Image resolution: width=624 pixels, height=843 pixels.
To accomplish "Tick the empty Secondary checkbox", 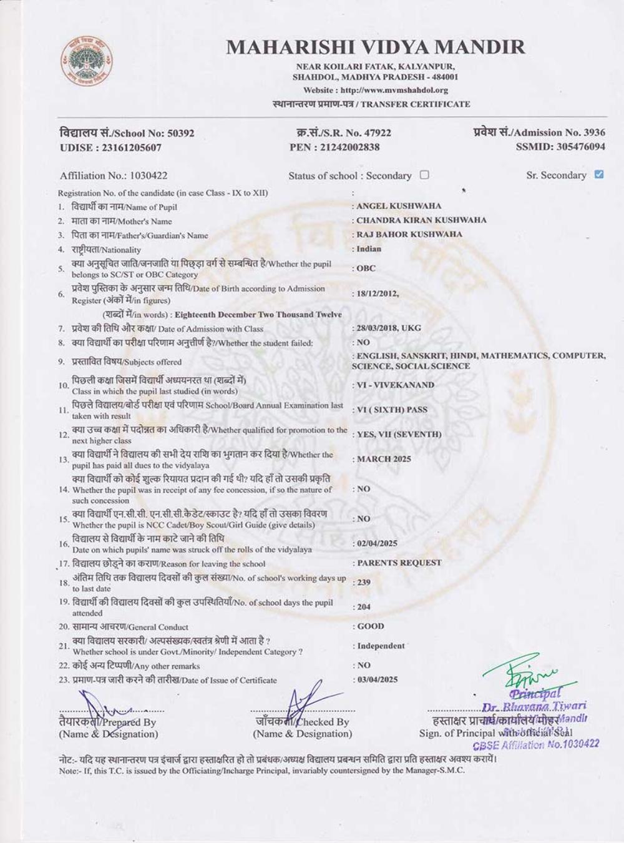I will coord(424,175).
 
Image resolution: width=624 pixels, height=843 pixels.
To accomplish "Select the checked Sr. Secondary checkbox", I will coord(599,174).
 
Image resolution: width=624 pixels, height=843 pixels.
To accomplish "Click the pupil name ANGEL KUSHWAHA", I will coord(399,206).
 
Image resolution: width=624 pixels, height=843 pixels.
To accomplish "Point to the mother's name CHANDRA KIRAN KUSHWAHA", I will coord(421,220).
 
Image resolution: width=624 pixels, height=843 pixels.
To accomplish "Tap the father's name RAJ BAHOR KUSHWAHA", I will coord(409,235).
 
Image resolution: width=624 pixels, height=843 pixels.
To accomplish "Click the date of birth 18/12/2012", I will coord(377,293).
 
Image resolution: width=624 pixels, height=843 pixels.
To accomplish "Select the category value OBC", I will coord(366,269).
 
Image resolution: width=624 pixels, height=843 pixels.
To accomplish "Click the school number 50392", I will coord(180,133).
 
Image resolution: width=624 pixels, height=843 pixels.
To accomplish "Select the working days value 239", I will coord(363,583).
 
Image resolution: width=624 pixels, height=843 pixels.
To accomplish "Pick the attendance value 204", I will coord(363,607).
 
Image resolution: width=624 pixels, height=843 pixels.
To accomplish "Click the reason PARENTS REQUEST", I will coord(399,563).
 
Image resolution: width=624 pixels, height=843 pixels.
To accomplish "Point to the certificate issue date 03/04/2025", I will coord(377,679).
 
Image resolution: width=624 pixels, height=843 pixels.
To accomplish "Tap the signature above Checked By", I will coord(306,702).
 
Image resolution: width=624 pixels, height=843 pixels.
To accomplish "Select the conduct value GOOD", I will coord(371,626).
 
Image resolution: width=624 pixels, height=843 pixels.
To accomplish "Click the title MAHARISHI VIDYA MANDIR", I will coord(375,47).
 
